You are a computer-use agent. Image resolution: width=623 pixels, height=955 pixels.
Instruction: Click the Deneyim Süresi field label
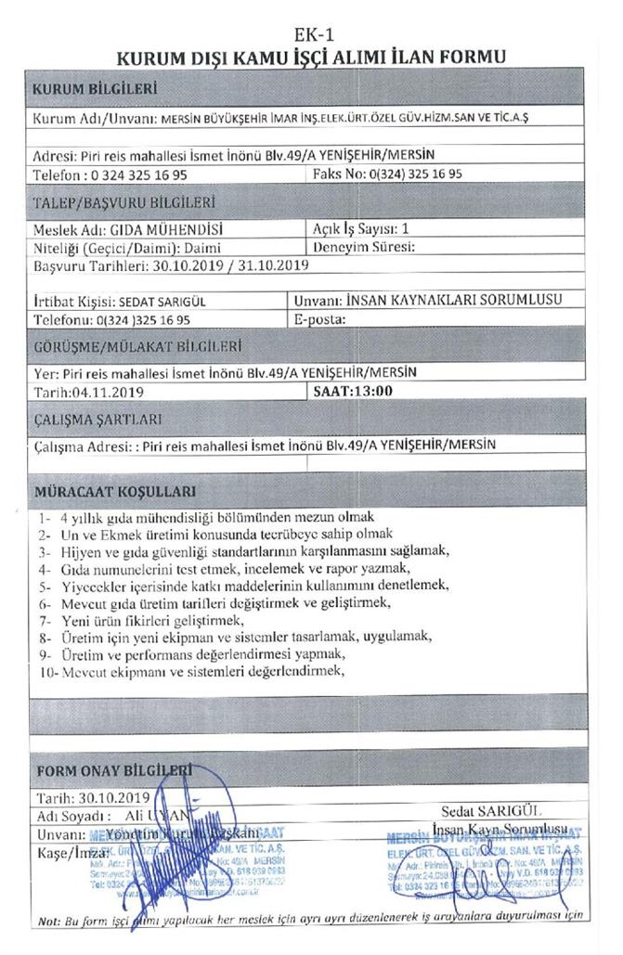363,247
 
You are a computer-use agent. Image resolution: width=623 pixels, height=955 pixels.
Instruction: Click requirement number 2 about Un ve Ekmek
223,535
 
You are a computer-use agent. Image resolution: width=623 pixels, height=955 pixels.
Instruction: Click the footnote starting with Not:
310,920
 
